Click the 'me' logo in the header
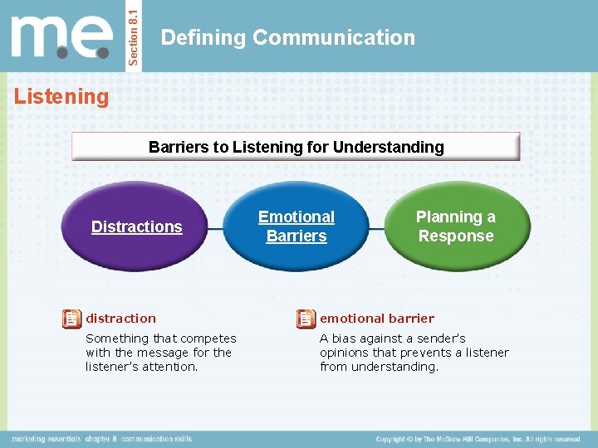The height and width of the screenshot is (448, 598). tap(61, 37)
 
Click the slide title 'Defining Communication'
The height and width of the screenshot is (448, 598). tap(287, 37)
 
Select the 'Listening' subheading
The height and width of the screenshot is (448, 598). tap(61, 97)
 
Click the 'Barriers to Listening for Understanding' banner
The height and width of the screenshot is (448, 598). tap(296, 147)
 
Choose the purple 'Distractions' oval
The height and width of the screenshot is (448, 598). tap(137, 226)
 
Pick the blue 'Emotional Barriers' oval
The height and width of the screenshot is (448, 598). tap(297, 226)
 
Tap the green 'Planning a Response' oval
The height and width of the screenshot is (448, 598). tap(455, 226)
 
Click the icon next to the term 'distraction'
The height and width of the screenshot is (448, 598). tap(72, 319)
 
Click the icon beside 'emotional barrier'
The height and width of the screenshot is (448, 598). tap(306, 319)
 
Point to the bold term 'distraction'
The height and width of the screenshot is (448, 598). tap(120, 319)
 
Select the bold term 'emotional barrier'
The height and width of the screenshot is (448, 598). tap(376, 319)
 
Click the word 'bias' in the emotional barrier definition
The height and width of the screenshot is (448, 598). tap(346, 338)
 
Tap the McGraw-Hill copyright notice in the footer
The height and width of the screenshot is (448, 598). tap(478, 438)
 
